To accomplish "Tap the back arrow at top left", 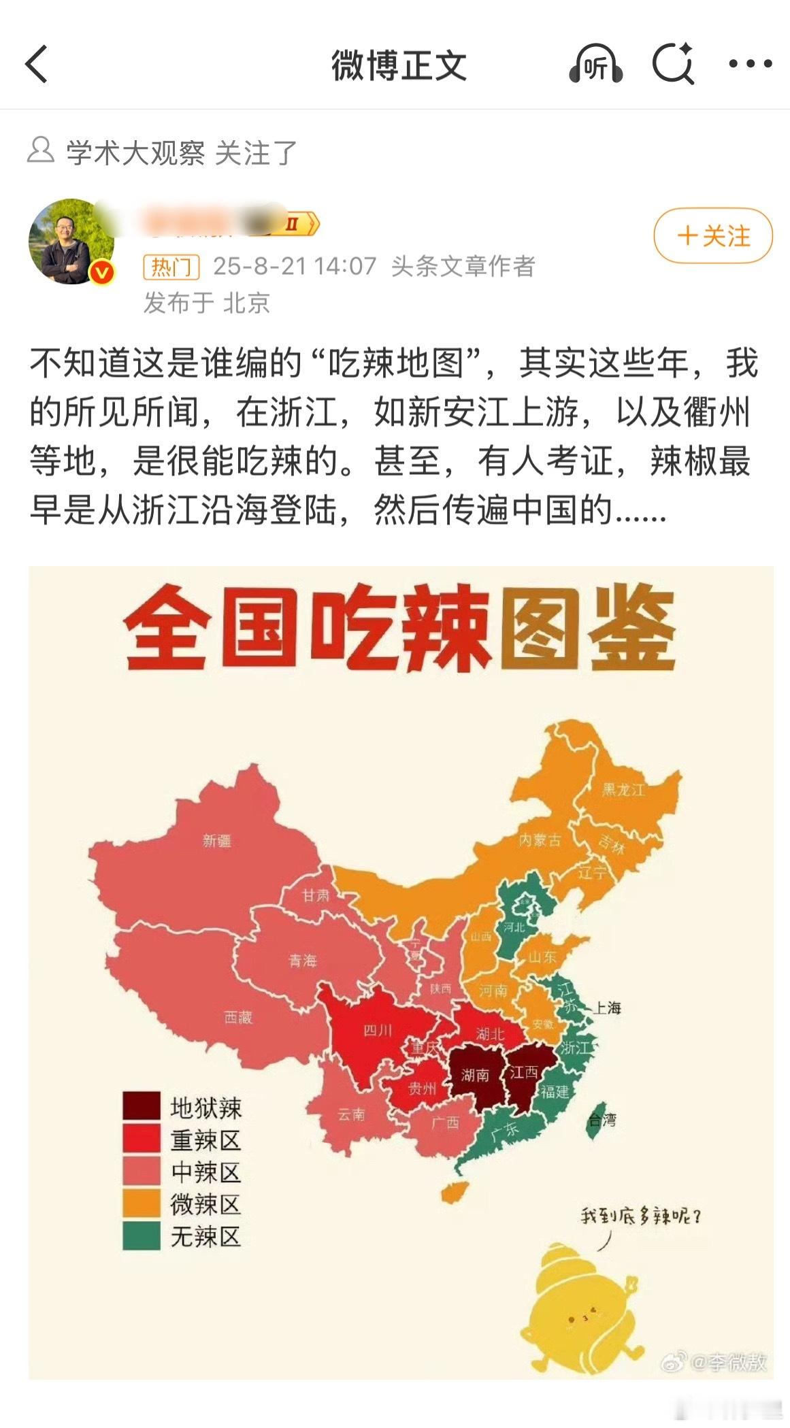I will [37, 65].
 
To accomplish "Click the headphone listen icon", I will [595, 65].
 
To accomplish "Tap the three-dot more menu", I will [750, 64].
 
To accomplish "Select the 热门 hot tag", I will [171, 267].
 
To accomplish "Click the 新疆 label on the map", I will [217, 841].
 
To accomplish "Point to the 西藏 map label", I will [238, 1017].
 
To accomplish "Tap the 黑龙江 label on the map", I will [623, 790].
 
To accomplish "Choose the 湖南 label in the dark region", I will [475, 1075].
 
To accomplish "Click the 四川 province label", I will [378, 1030].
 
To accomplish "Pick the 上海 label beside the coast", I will [606, 1008].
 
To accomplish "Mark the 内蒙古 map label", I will [540, 840].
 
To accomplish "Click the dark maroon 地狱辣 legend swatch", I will [141, 1106].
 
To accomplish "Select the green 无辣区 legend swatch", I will [141, 1235].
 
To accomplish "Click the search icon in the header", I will [672, 65].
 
